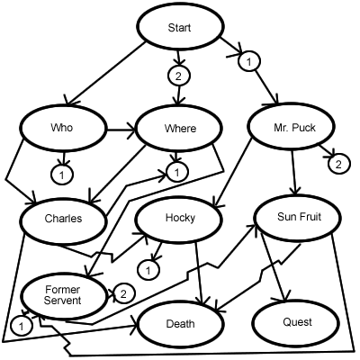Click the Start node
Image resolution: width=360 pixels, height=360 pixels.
[179, 30]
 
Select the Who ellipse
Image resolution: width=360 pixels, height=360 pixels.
[63, 129]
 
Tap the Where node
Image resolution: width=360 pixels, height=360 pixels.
[179, 129]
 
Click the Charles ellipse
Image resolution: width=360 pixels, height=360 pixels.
[63, 218]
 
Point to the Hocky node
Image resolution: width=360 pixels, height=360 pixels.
[179, 218]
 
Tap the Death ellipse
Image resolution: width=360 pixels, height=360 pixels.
[179, 320]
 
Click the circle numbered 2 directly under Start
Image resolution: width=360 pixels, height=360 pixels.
[179, 76]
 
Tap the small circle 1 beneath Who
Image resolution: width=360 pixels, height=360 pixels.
[61, 171]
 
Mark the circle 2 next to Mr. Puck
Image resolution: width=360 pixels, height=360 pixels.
[337, 164]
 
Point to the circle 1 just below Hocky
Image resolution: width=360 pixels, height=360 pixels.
[152, 266]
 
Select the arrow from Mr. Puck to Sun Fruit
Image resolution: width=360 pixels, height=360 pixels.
[294, 171]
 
